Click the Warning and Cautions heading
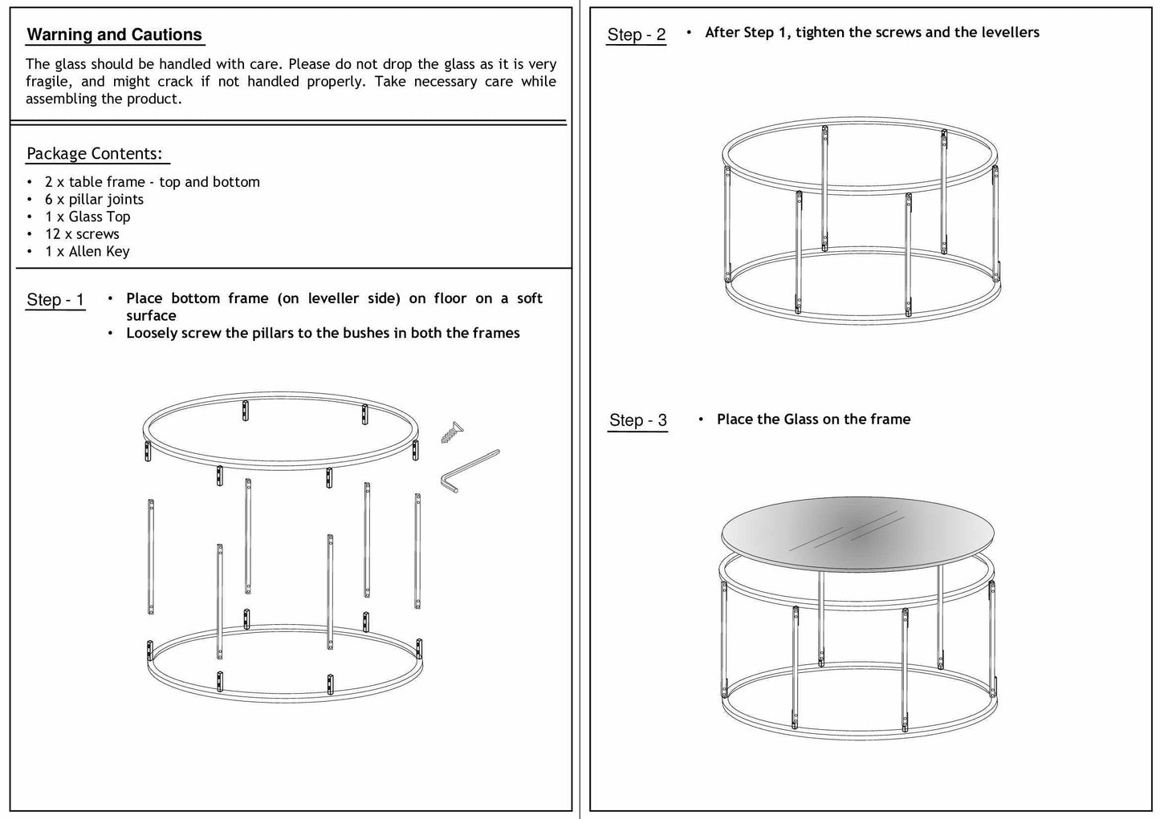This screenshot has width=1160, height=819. coord(114,35)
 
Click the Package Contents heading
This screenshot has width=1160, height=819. coord(95,154)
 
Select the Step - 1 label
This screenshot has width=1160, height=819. coord(55,300)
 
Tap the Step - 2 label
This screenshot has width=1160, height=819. coord(637,34)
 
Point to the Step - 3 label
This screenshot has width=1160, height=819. coord(638,420)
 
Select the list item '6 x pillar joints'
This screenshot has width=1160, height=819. coord(94,200)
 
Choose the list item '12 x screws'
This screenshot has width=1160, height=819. coord(82,234)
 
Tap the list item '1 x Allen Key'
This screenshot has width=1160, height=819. coord(87,252)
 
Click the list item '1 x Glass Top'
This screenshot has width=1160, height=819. coord(88,217)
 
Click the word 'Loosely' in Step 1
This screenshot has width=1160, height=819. coord(151,334)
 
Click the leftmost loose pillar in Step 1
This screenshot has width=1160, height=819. coord(151,557)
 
